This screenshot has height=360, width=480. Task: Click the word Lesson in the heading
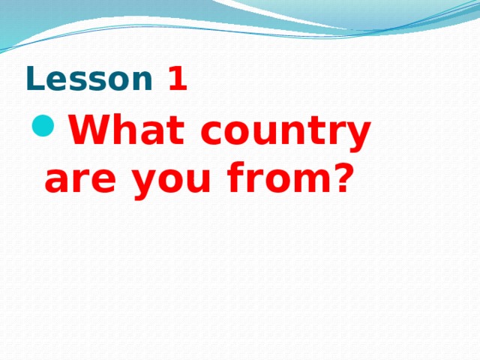[89, 79]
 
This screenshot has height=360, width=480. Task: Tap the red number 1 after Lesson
[178, 79]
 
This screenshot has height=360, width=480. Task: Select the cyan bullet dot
[43, 125]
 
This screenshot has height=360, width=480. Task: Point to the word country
[285, 133]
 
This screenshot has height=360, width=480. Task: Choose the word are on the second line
[80, 180]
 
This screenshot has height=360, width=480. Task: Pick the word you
[171, 183]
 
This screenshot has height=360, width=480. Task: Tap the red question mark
[341, 177]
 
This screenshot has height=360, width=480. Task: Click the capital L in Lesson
[35, 79]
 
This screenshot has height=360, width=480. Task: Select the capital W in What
[91, 129]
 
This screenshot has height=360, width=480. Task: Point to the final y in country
[356, 136]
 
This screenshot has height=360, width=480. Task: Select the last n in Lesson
[142, 81]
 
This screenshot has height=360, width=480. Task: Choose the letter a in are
[57, 180]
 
